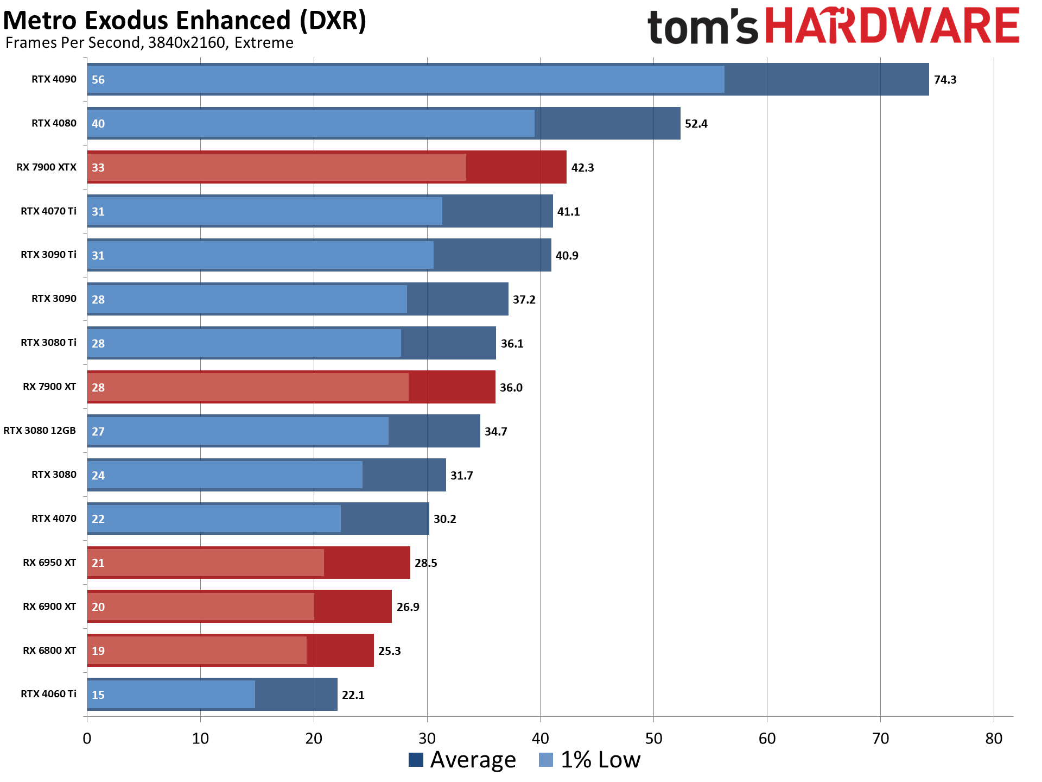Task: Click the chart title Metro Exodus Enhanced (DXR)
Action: pos(185,21)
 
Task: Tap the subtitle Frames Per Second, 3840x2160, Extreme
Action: pos(149,43)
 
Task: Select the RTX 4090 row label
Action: pos(54,79)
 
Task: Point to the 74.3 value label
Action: pos(945,80)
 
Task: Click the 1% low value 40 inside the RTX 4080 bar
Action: pos(98,124)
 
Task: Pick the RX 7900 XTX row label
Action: pos(46,167)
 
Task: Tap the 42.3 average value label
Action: pos(582,168)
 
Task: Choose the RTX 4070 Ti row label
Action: pos(48,211)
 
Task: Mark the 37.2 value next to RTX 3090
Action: pos(524,300)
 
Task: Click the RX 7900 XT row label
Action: pos(49,387)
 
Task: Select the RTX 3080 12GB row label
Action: pos(40,431)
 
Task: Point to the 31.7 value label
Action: pos(461,476)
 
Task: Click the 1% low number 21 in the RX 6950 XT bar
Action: pos(98,563)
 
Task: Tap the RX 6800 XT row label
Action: pos(49,651)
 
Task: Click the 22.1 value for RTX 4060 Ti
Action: pos(353,695)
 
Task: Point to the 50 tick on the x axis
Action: pos(653,739)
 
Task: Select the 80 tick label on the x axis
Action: pos(993,739)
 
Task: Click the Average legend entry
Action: pos(462,760)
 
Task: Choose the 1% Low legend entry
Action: pos(590,760)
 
